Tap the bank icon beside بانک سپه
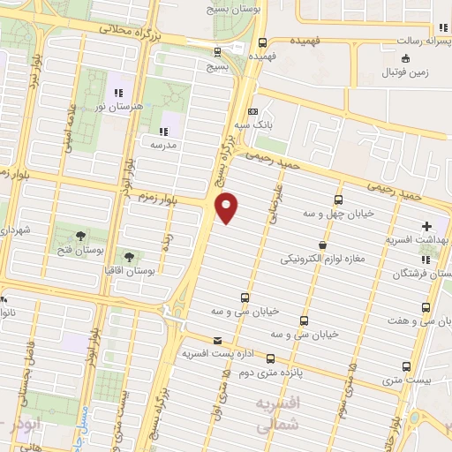pyautogui.click(x=253, y=112)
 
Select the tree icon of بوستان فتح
pyautogui.click(x=80, y=235)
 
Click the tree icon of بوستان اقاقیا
pyautogui.click(x=130, y=256)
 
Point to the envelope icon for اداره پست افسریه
pyautogui.click(x=217, y=340)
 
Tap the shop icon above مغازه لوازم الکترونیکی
pyautogui.click(x=322, y=245)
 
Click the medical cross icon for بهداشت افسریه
pyautogui.click(x=428, y=226)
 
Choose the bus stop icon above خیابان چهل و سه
pyautogui.click(x=339, y=200)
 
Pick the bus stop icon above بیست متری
pyautogui.click(x=406, y=365)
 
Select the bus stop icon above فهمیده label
pyautogui.click(x=262, y=41)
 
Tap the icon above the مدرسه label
pyautogui.click(x=163, y=131)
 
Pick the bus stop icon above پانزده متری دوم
pyautogui.click(x=270, y=358)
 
